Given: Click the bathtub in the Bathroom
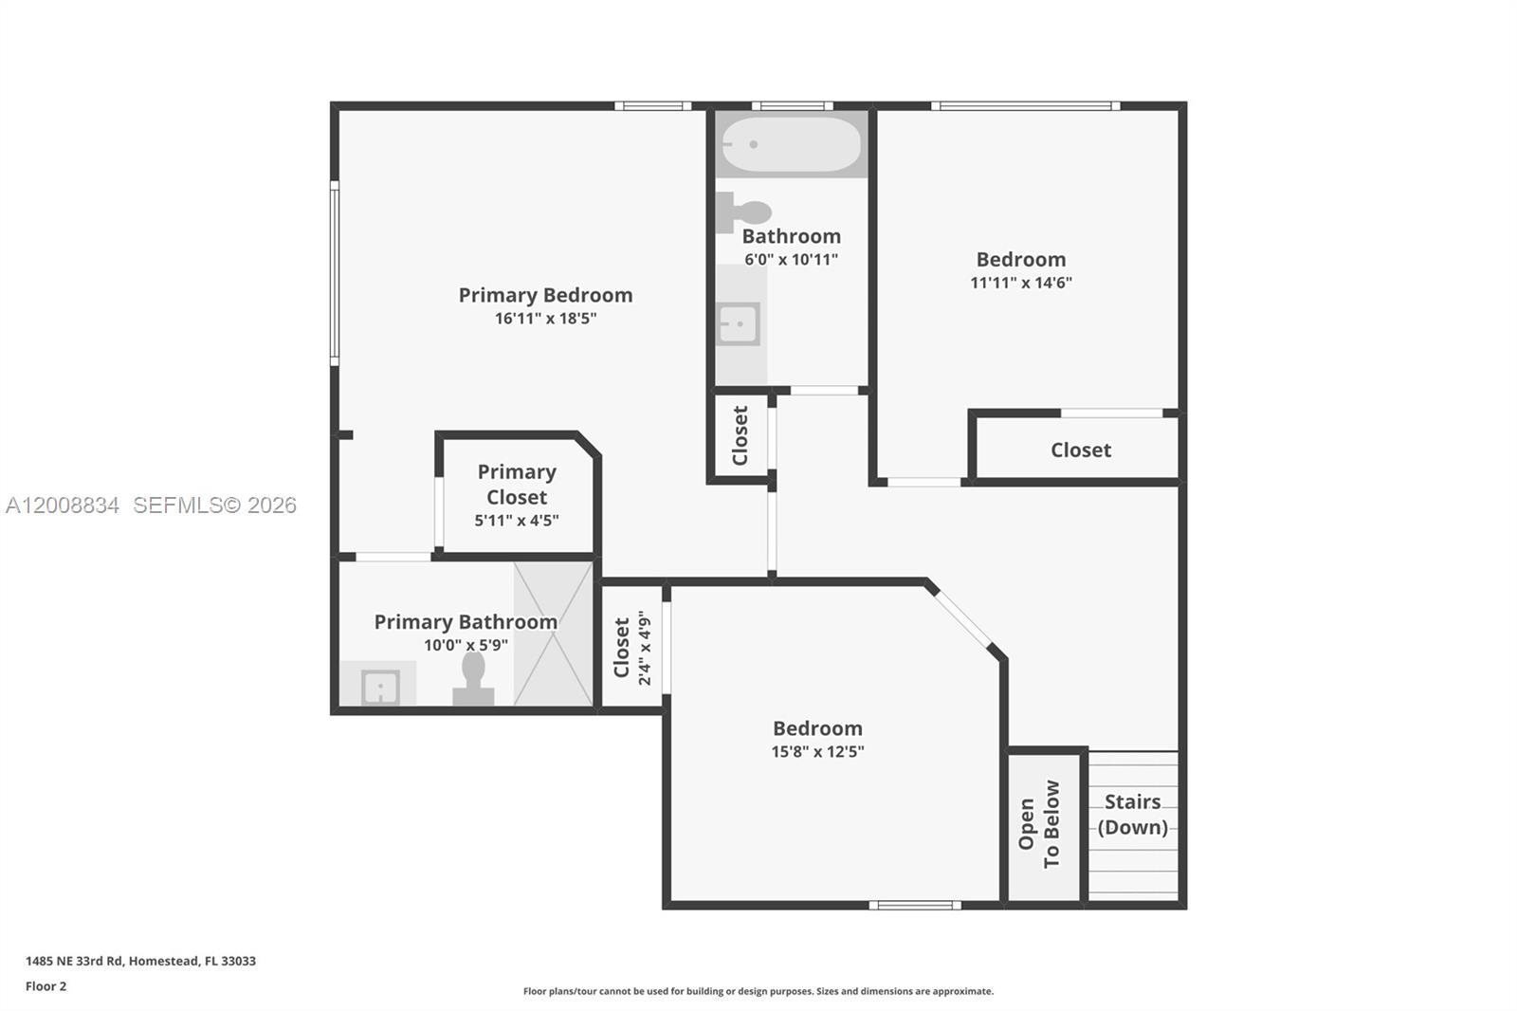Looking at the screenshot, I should coord(791,144).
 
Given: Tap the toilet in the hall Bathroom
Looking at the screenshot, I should coord(744,211).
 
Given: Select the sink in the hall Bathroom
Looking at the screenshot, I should coord(739,325).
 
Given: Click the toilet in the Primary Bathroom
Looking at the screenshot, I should coord(473,678).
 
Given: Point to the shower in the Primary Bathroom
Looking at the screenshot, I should coord(553,634).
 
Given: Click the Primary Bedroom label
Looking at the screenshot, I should coord(545,295).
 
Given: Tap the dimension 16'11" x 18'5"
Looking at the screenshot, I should coord(545,319).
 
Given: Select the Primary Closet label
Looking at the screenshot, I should coord(517,484).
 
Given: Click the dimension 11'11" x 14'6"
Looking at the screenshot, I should coord(1021,283).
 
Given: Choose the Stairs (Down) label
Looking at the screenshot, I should coord(1132,814).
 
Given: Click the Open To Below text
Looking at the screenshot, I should coord(1039,823).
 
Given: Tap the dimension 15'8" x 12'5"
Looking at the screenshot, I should coord(817,752).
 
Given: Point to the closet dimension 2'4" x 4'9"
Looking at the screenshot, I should coord(645,648).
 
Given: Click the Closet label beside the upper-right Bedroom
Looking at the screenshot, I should coord(1080,450).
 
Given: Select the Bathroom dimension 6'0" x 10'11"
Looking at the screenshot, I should coord(791,260).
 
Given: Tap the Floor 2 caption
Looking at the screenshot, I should coord(46,986).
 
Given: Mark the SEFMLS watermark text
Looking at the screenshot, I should coord(214,505).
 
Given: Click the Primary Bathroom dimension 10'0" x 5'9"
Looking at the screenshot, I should coord(466,646).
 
